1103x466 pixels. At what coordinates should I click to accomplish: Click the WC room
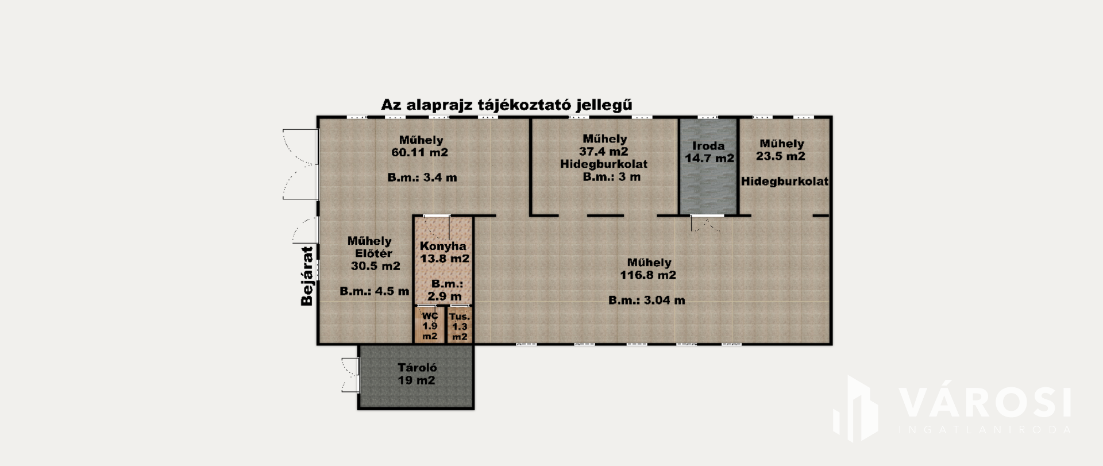(430, 325)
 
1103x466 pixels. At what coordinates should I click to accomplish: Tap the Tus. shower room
(460, 325)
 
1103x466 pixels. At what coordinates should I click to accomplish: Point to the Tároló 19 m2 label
(417, 374)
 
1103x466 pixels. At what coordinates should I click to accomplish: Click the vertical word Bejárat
(308, 276)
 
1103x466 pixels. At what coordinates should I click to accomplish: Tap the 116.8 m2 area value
(647, 275)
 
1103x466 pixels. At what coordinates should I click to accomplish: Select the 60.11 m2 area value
(419, 152)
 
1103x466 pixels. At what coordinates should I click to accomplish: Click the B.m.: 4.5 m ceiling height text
(374, 291)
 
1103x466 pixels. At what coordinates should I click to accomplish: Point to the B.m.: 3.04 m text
(646, 300)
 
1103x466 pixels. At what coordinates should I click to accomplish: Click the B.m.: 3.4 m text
(422, 178)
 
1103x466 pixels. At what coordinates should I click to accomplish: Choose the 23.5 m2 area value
(781, 156)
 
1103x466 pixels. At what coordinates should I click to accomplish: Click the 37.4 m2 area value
(604, 152)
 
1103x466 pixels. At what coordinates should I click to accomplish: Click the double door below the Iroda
(707, 223)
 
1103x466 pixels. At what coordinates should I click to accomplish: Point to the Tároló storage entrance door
(350, 375)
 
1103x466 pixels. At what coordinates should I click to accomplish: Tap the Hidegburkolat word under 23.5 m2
(784, 182)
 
